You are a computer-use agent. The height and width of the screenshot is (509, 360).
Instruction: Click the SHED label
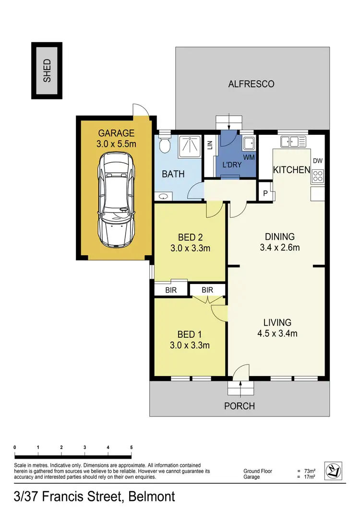pos(47,71)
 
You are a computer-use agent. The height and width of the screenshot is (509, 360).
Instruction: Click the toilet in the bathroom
pos(165,142)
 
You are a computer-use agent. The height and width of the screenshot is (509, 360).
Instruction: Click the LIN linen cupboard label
pos(210,145)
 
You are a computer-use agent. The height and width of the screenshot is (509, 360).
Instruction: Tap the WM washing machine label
pos(249,157)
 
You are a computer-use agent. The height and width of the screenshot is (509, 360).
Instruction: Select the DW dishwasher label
pos(317,161)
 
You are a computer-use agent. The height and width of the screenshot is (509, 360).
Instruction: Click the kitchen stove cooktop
pos(318,177)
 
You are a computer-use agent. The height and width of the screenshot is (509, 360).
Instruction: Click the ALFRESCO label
pos(251,84)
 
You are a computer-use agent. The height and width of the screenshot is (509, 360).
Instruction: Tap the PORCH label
pos(240,406)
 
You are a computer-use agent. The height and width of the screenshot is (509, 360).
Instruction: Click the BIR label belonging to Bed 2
pos(170,290)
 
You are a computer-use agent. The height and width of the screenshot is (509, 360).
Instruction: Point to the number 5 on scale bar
pos(132,447)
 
